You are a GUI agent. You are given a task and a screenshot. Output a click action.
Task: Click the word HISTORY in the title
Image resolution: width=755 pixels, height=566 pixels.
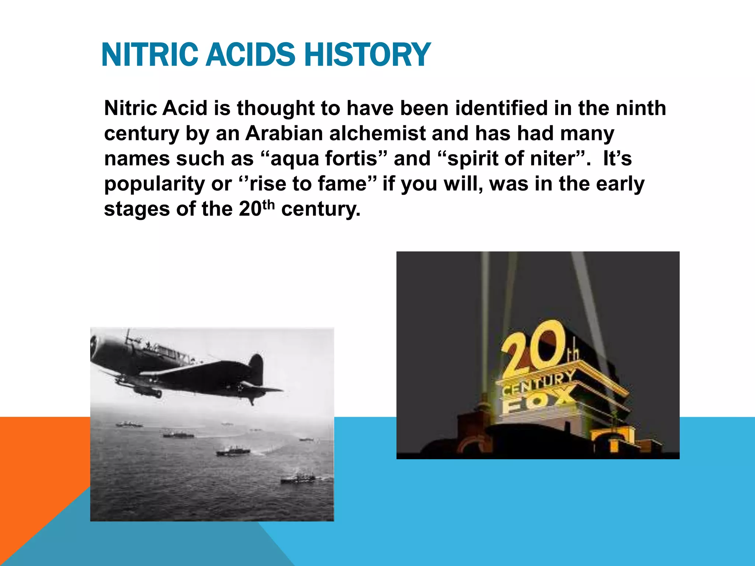(x=368, y=55)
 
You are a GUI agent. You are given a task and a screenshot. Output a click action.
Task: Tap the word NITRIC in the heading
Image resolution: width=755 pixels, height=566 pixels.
(x=150, y=55)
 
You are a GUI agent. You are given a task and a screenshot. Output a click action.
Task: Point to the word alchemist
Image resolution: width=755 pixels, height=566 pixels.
(x=377, y=133)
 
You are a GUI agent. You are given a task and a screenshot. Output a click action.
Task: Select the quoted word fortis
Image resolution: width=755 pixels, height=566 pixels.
(x=351, y=158)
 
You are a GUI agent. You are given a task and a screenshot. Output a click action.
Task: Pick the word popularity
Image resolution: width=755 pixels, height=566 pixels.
(x=154, y=184)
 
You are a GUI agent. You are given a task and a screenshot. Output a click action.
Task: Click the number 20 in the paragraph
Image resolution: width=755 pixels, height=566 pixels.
(x=250, y=209)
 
